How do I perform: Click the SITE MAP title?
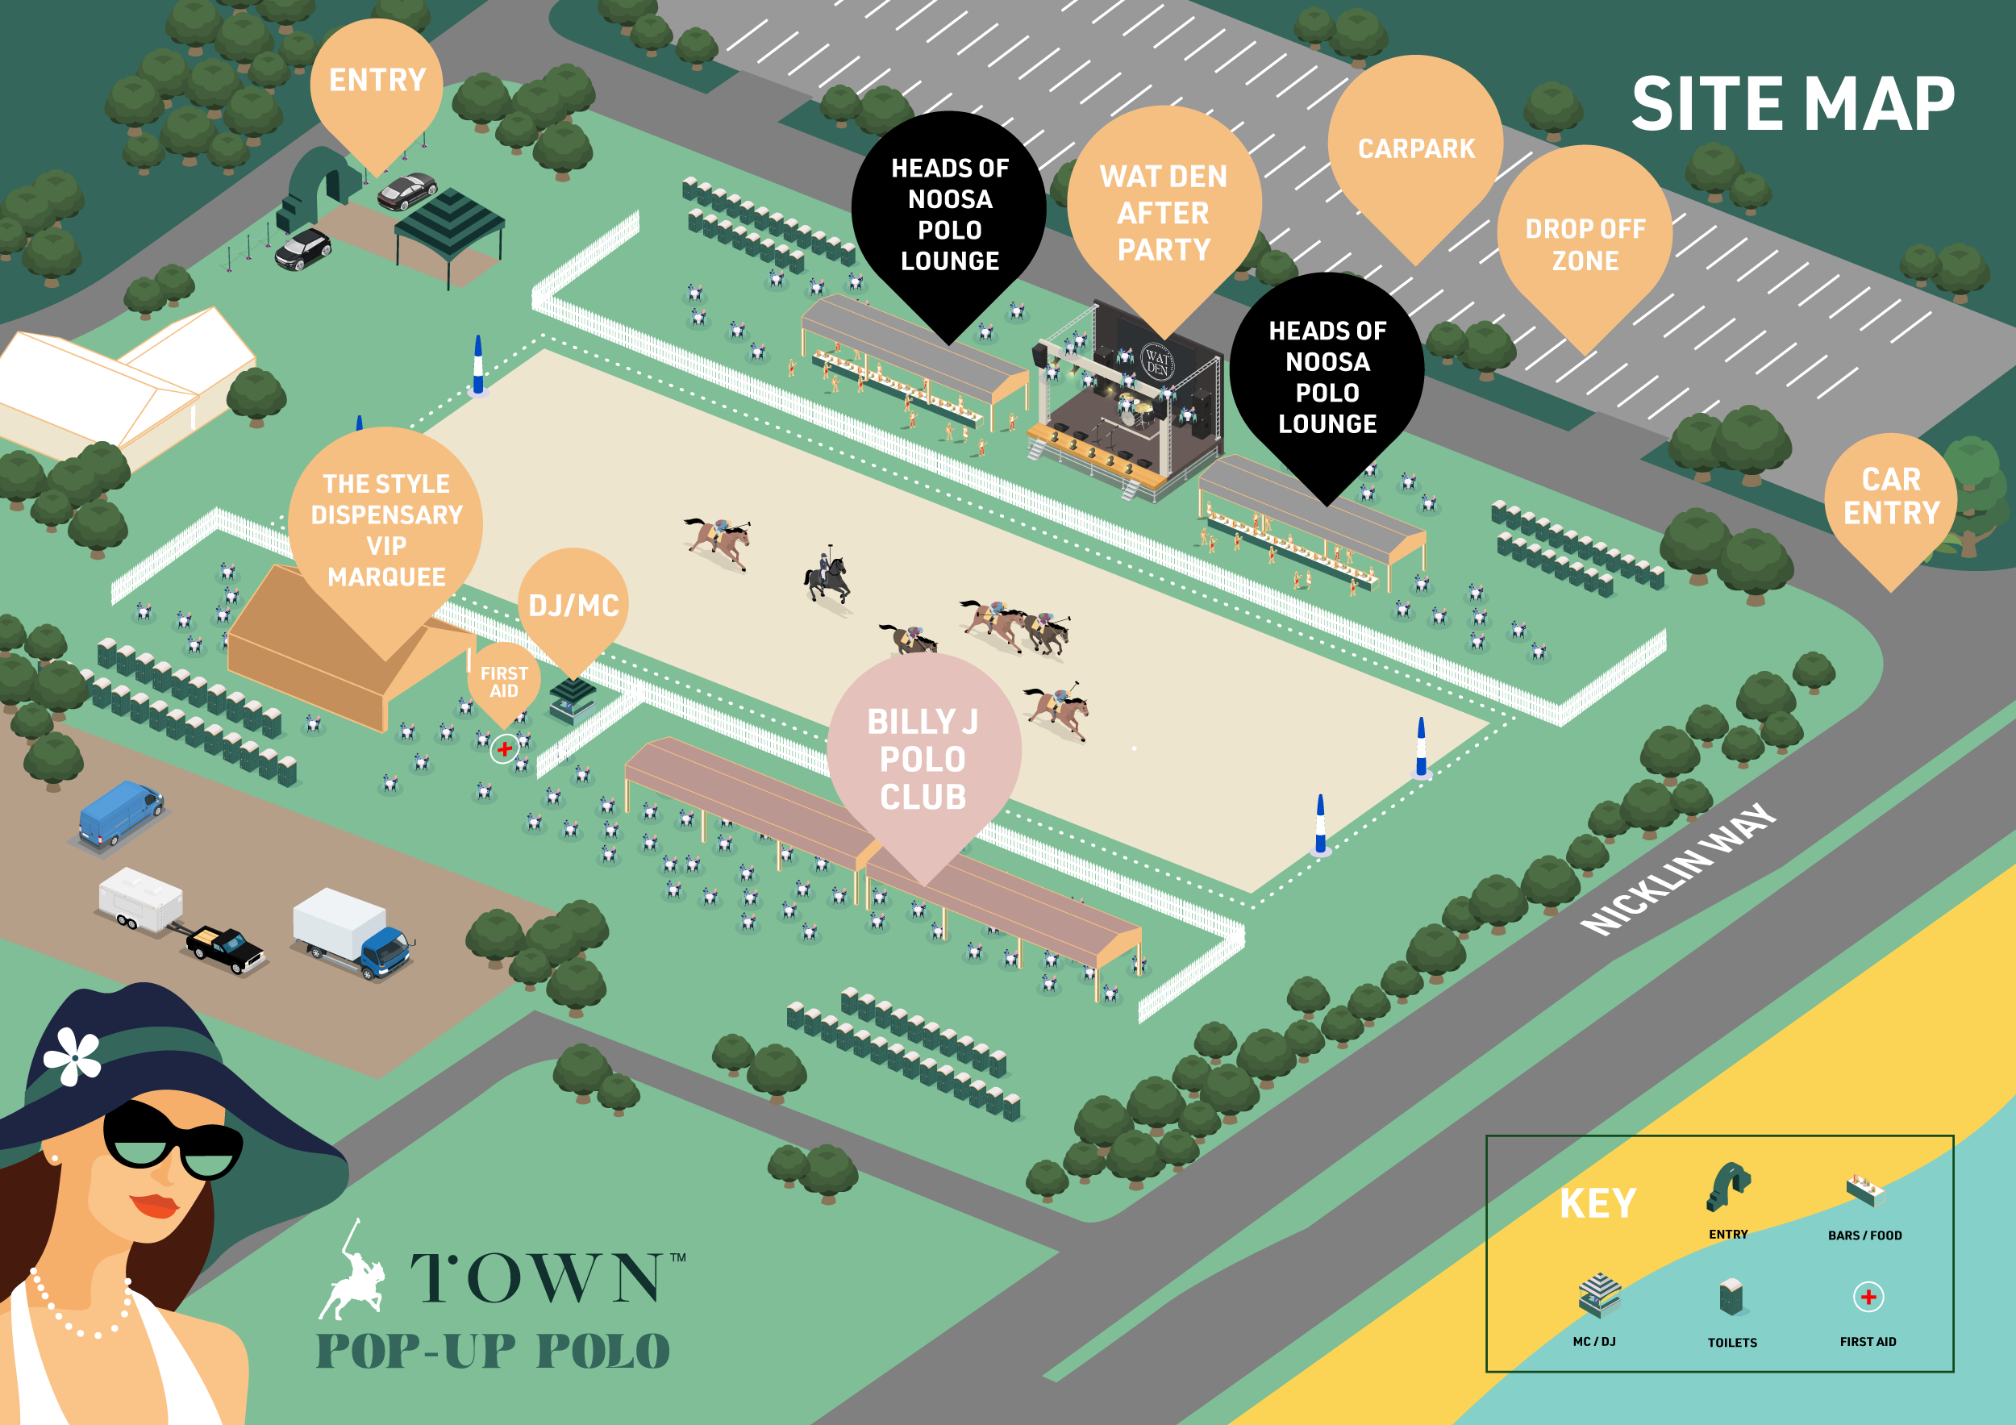1792,105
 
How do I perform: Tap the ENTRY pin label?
377,81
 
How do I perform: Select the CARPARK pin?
1415,148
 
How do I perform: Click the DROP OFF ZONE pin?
1584,244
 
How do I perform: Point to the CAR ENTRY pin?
1890,496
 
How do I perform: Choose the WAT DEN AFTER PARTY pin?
1164,214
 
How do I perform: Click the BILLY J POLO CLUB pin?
923,760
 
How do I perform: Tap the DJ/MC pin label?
573,606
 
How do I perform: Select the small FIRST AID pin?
504,682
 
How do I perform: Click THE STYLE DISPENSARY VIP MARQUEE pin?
386,531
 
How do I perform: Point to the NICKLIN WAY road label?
1677,869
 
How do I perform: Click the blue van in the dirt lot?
120,812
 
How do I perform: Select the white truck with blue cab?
352,932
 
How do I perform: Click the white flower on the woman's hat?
73,1056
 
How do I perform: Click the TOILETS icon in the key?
1731,1297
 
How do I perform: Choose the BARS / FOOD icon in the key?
1864,1190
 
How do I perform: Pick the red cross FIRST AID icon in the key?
1868,1297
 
